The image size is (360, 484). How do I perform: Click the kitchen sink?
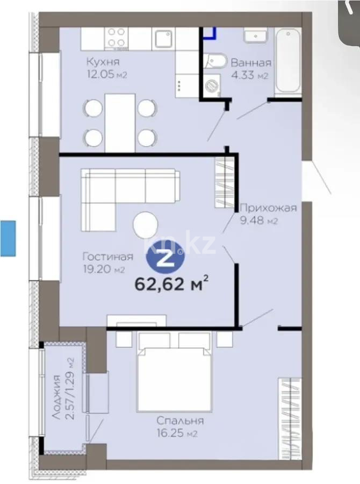click(162, 38)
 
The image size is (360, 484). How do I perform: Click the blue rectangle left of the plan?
click(9, 237)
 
